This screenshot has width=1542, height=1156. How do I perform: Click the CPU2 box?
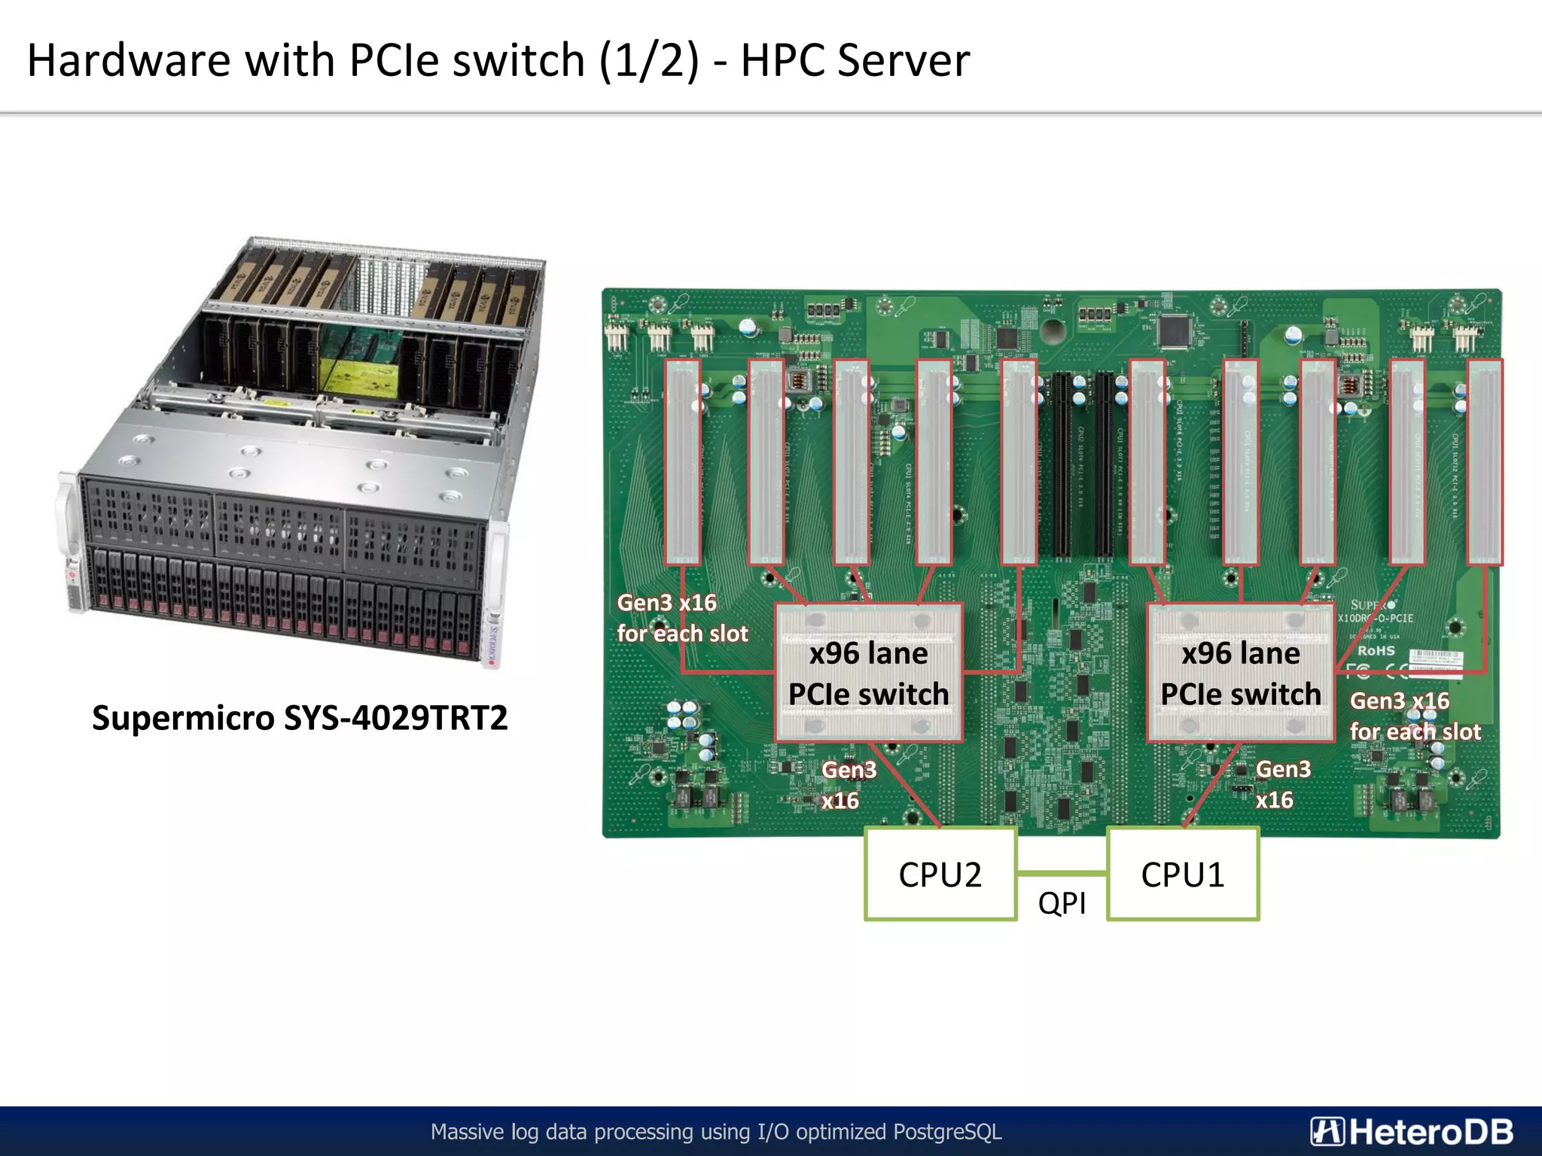(940, 874)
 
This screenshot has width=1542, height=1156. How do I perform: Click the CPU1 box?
(1183, 874)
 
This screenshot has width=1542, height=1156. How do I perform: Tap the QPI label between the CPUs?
(1062, 903)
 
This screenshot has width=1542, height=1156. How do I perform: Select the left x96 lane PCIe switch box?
(868, 673)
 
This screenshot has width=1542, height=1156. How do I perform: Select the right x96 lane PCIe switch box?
(1240, 673)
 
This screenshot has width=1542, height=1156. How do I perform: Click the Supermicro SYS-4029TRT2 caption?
(300, 717)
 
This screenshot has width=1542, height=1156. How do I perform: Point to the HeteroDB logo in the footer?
(1412, 1131)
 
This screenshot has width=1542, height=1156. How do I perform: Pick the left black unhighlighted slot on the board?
(1062, 465)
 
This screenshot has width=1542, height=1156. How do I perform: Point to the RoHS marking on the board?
(1376, 650)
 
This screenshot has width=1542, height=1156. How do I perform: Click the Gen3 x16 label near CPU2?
(848, 784)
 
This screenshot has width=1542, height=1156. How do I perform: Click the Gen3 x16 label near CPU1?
(1282, 784)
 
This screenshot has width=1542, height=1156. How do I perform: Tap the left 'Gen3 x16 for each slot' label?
(682, 618)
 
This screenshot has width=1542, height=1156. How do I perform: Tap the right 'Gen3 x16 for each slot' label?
(1415, 716)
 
